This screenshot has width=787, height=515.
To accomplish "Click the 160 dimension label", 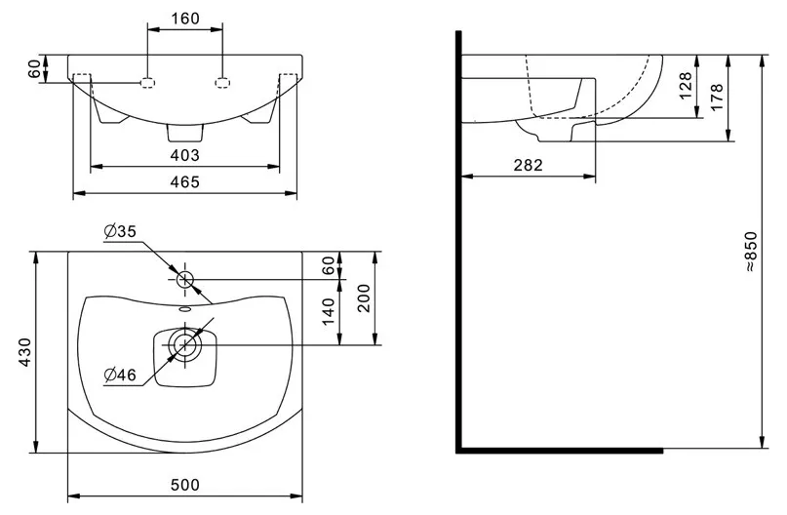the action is click(185, 19).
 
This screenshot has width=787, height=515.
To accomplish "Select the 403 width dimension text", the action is click(184, 156).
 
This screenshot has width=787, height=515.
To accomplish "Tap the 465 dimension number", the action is click(184, 181).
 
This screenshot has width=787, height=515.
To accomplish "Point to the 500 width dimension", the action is click(184, 485).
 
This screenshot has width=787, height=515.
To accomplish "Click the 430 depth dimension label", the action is click(25, 352).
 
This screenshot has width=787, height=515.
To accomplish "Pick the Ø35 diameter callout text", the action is click(121, 231).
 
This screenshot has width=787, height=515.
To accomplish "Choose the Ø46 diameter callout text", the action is click(121, 375).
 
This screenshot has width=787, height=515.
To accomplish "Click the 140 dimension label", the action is click(328, 312).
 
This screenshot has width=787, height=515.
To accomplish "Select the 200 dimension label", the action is click(364, 298).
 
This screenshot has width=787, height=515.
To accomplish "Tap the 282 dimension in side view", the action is click(528, 165).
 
